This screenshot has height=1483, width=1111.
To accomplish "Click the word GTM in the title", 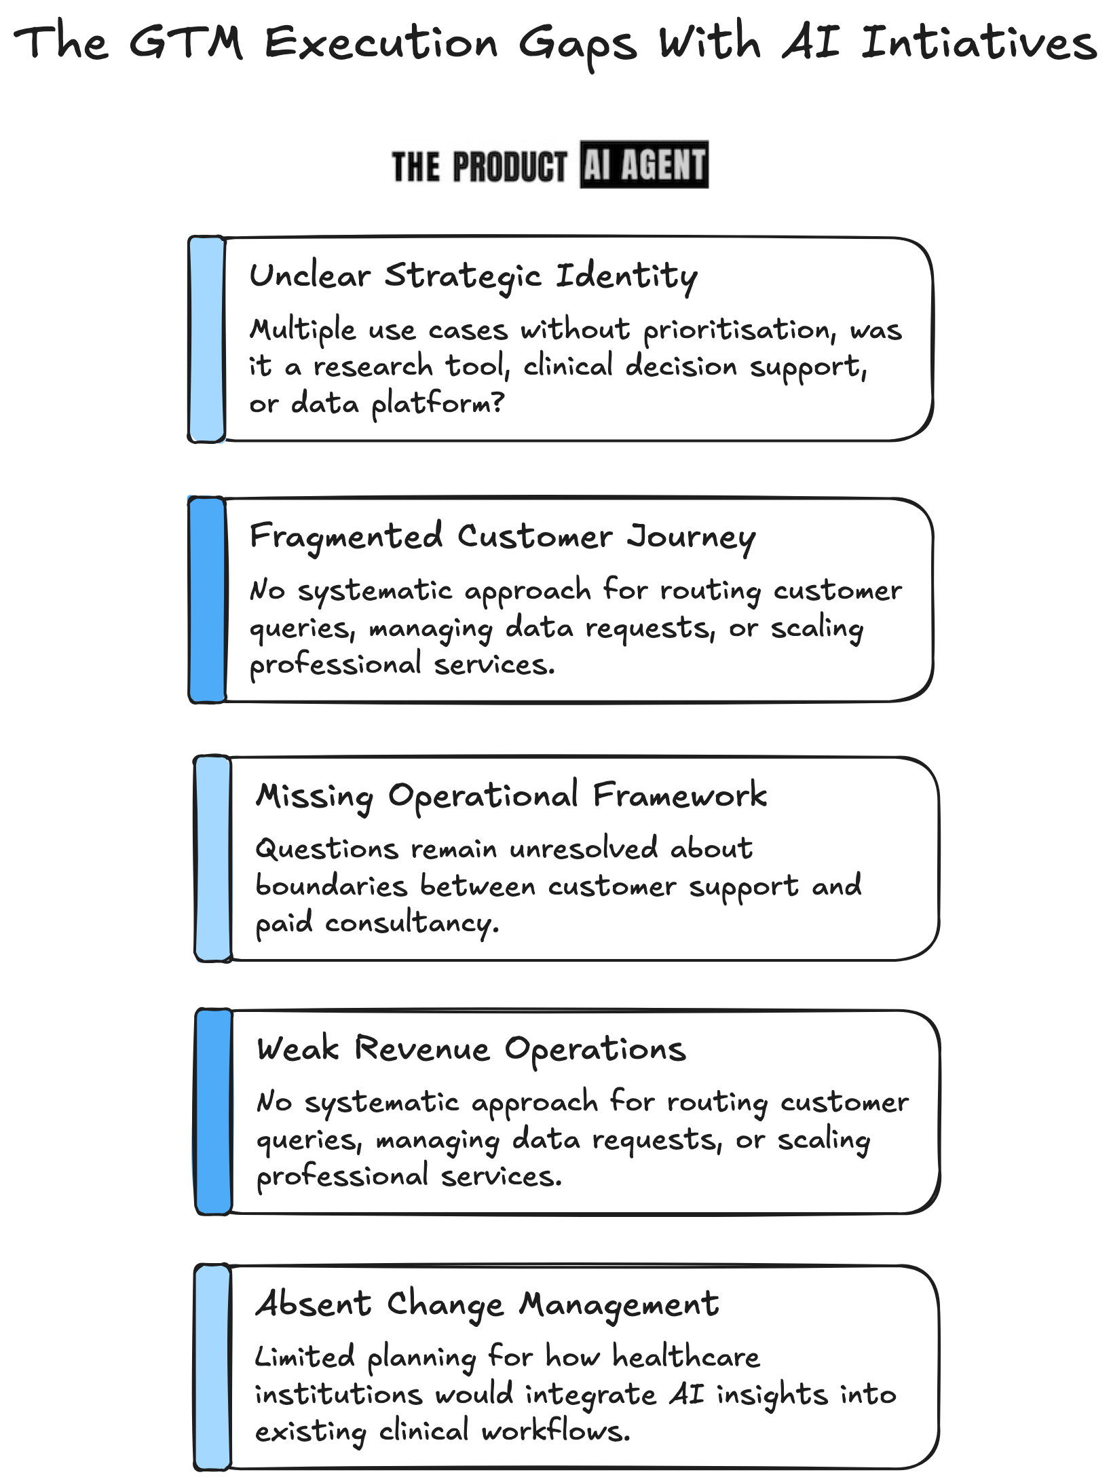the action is tap(185, 43).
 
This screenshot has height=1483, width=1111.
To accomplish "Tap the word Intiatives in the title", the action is tap(978, 43).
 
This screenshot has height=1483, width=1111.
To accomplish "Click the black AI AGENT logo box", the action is tap(643, 164).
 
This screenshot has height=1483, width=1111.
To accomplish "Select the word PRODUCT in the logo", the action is tap(509, 166).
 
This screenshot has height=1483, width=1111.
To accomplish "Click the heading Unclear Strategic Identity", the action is tap(473, 276).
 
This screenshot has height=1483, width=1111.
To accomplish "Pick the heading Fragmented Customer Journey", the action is tap(502, 536).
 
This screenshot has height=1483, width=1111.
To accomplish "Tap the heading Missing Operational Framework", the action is tap(511, 795).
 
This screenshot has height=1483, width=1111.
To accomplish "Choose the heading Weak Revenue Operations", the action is tap(471, 1049).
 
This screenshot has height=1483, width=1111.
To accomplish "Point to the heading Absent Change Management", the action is tap(487, 1303).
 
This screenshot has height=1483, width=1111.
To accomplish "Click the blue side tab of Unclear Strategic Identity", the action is tap(207, 339).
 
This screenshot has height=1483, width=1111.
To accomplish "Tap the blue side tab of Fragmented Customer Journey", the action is tap(207, 600).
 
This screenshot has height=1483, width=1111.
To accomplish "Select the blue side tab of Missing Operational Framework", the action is tap(213, 859).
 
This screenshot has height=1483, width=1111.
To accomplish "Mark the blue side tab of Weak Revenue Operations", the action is tap(213, 1112).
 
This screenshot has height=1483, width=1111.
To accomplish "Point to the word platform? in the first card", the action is tap(438, 404).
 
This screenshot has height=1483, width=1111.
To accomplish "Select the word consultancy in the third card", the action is tap(411, 923).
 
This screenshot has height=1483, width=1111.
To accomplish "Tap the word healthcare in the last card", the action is tap(685, 1356).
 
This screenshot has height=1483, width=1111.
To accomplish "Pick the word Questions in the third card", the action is tap(326, 848).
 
